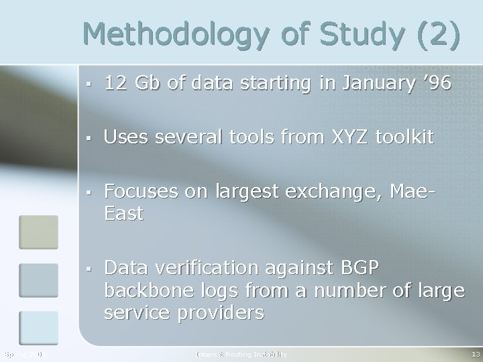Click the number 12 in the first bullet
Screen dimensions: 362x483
tap(115, 84)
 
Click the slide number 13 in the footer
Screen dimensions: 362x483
tap(475, 353)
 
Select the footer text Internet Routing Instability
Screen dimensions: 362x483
tap(241, 353)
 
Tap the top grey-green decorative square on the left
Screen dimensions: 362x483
tap(38, 230)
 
